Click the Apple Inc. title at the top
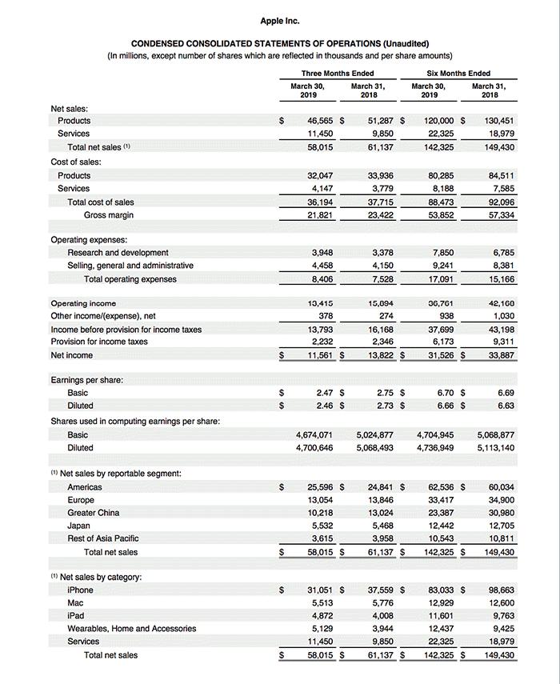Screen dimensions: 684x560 (280, 21)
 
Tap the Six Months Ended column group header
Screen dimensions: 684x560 (458, 74)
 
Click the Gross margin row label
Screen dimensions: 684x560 (109, 215)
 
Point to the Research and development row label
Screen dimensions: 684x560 (118, 253)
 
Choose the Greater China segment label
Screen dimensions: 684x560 (93, 513)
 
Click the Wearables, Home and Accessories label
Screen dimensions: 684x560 (131, 629)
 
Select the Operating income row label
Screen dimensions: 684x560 (83, 303)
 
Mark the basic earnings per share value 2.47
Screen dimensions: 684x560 (323, 393)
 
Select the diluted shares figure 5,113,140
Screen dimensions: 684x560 (496, 448)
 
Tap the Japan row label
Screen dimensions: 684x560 (78, 526)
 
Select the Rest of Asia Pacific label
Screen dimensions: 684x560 (102, 538)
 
